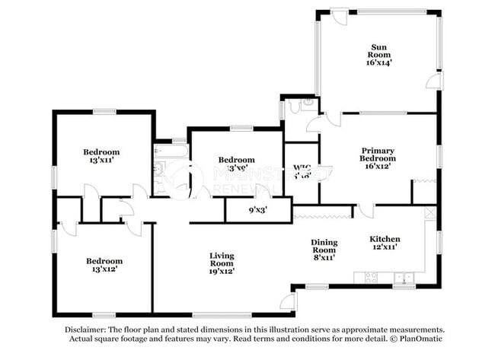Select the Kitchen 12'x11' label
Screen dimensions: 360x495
click(385, 243)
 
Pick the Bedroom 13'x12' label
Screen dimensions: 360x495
click(104, 265)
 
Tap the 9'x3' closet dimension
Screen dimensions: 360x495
click(258, 209)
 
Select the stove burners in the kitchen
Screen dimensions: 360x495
click(372, 277)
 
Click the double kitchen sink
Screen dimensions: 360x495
click(403, 277)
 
